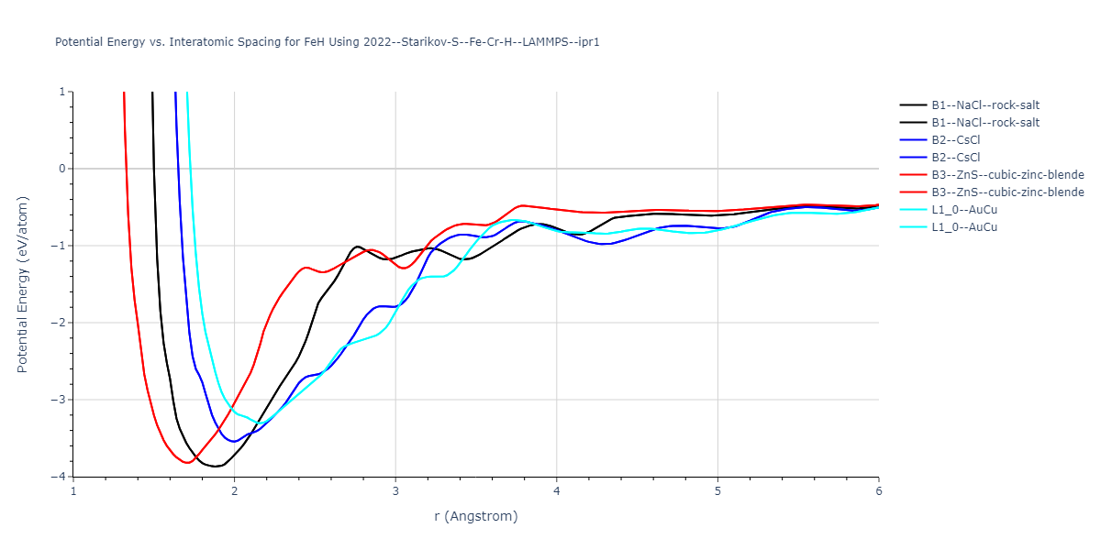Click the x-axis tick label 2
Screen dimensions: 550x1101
click(234, 491)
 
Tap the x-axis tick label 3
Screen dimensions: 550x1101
click(395, 491)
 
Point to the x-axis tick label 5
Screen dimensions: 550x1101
click(717, 491)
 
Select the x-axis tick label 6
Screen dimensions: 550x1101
click(878, 491)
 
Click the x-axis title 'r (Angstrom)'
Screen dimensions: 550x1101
click(475, 516)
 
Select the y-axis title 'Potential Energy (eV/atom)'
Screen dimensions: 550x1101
click(23, 284)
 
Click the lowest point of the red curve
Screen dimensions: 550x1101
click(187, 463)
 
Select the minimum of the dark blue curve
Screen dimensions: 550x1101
click(235, 442)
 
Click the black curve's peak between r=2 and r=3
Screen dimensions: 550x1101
click(358, 246)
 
